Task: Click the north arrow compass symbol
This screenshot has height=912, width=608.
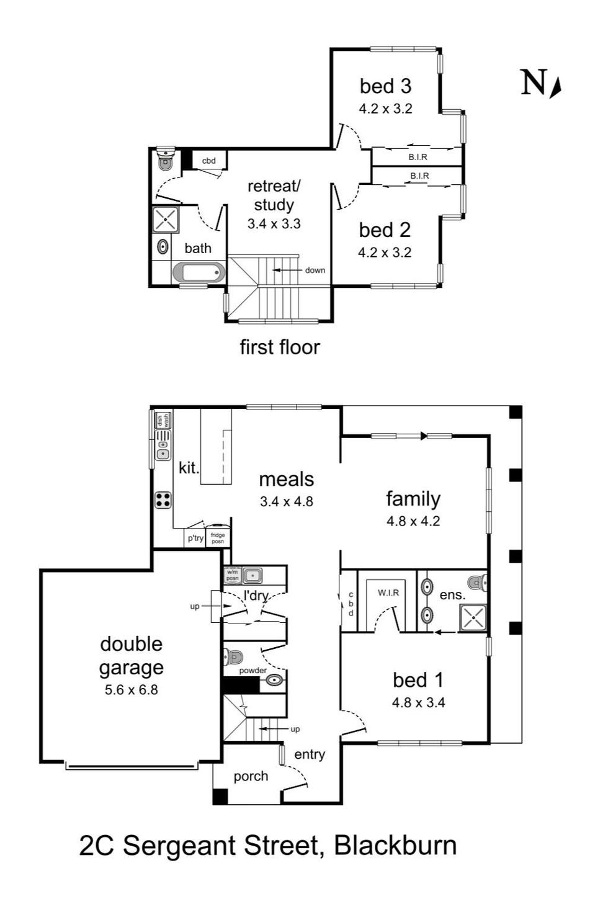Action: tap(555, 88)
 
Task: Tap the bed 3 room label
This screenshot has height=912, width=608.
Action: tap(385, 86)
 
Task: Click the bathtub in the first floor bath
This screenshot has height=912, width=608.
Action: tap(199, 272)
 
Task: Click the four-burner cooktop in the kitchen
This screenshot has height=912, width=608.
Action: tap(163, 500)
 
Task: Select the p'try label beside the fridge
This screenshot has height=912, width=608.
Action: tap(195, 539)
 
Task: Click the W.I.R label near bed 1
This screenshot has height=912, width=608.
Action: tap(388, 593)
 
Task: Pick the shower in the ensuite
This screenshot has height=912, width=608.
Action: tap(473, 618)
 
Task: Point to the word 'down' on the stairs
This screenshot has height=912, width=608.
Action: tap(315, 270)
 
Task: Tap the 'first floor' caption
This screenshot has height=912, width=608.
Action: tap(280, 347)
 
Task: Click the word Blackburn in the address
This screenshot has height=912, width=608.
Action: tap(395, 846)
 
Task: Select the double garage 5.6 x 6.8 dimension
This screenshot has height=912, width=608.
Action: tap(131, 690)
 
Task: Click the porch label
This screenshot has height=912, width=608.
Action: tap(251, 777)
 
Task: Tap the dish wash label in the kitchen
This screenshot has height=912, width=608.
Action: tap(163, 420)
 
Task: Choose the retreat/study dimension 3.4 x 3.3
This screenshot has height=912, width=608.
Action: tap(274, 224)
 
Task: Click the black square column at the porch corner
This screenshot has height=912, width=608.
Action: tap(220, 797)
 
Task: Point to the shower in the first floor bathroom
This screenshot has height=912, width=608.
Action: tap(165, 220)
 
